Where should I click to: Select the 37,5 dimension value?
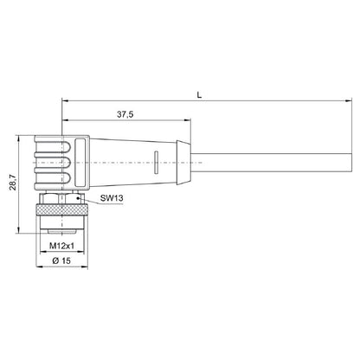click(125, 112)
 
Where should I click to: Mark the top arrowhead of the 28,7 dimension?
click(20, 136)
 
